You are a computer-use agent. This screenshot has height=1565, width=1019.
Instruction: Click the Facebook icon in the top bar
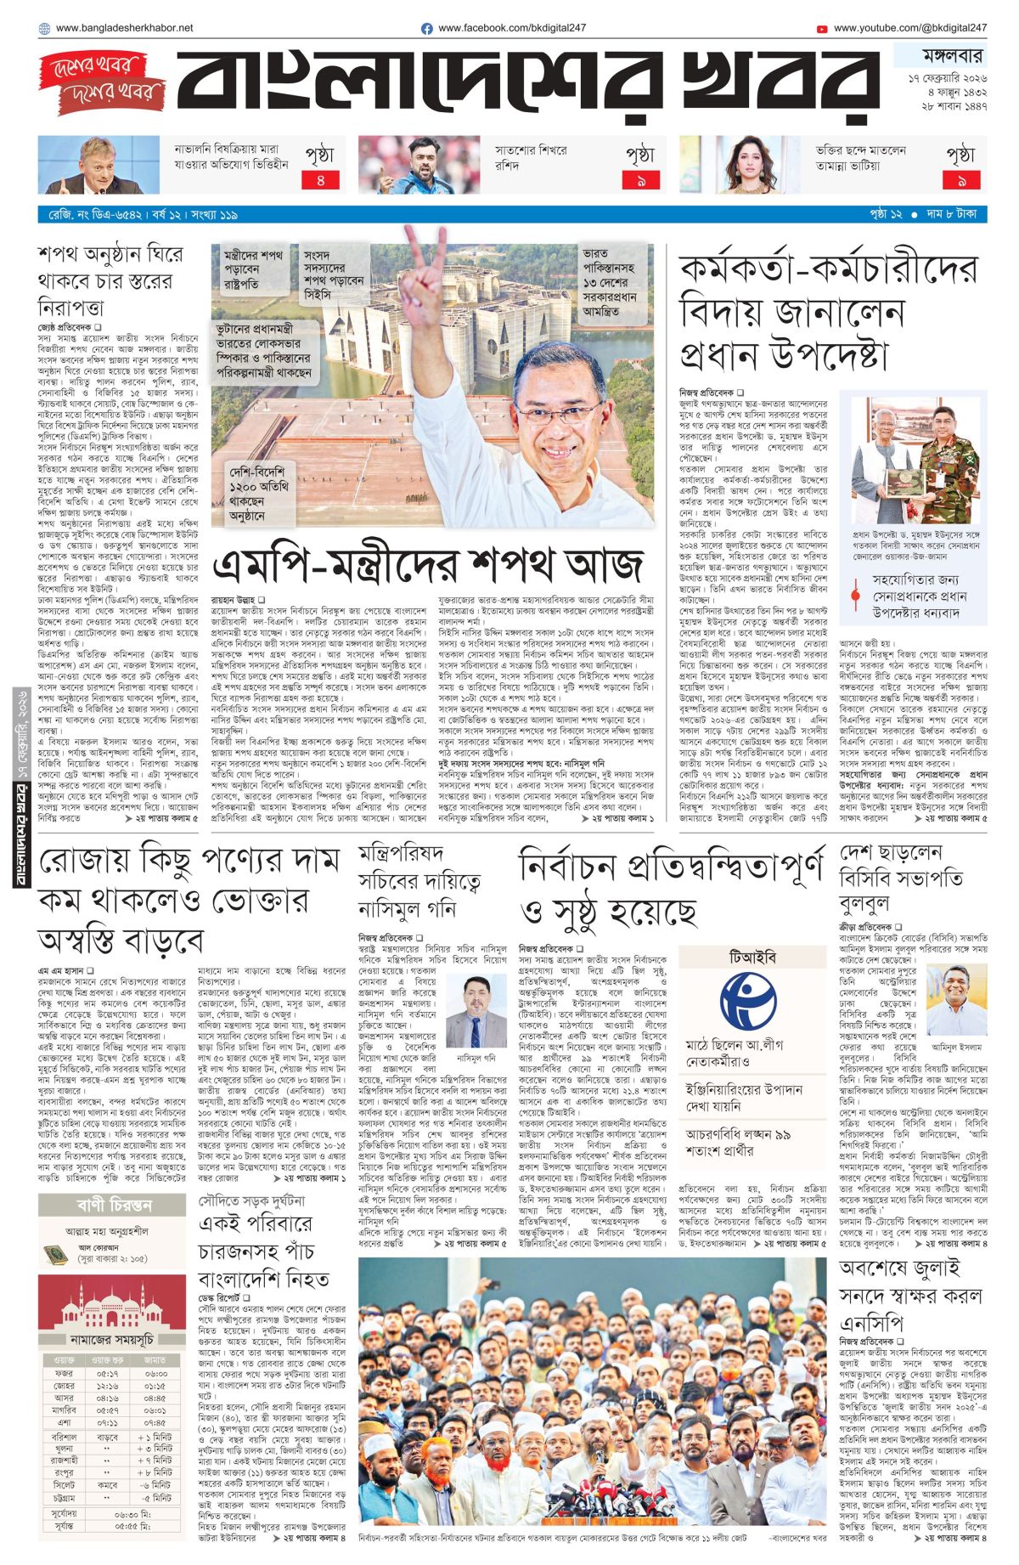(427, 29)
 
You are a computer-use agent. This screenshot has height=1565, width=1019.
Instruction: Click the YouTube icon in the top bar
(821, 29)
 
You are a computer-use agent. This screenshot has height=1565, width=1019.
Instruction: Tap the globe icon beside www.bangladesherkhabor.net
(44, 29)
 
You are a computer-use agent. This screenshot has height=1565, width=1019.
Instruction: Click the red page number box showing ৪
(320, 180)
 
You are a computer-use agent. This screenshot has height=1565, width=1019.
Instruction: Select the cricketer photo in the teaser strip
(419, 165)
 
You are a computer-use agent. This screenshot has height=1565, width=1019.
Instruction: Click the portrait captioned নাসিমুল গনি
(476, 1011)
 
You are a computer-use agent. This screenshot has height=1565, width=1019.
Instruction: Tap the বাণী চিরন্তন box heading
(113, 1205)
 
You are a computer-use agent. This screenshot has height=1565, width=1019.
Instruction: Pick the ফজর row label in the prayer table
(64, 1373)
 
